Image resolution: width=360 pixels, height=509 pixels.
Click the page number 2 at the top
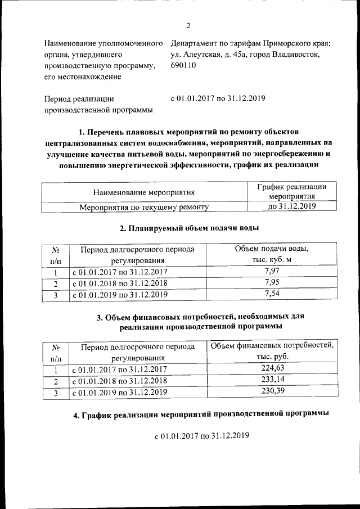188,25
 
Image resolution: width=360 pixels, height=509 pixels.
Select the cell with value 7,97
271,272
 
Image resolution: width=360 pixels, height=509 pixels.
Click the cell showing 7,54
271,293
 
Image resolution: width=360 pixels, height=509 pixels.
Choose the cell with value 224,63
271,369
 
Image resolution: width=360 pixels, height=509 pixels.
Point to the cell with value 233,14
271,380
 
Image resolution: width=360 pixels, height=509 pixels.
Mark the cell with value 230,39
271,390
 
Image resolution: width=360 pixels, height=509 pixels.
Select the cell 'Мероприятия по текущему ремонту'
144,207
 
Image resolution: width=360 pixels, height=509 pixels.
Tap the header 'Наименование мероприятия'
144,192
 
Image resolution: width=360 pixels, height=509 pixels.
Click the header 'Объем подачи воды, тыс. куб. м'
271,254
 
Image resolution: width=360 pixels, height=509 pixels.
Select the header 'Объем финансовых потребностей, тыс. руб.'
271,351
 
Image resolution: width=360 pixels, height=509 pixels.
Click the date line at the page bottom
201,435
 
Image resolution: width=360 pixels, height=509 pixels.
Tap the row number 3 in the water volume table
56,294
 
